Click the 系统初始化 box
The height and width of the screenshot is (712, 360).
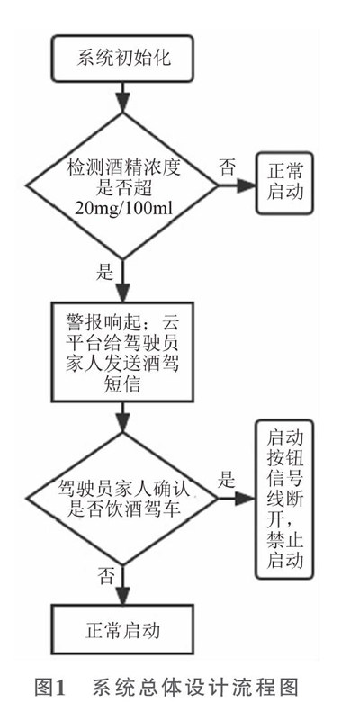[x=122, y=59]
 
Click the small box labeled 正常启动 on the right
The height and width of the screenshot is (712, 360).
[x=284, y=184]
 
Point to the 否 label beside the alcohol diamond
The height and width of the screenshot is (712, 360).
[x=227, y=167]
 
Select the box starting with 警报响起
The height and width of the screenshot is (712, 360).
[x=122, y=352]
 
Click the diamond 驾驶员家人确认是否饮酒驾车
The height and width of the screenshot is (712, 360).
[x=122, y=499]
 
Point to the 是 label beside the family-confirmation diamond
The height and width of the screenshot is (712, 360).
[x=226, y=480]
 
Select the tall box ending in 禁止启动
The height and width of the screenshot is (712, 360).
[x=284, y=499]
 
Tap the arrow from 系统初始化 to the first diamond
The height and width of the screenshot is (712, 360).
[x=122, y=97]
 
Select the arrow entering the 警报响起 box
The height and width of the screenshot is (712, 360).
[x=122, y=281]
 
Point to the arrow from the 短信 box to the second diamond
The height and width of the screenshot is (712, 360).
[x=122, y=417]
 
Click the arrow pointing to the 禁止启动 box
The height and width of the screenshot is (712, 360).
[x=237, y=498]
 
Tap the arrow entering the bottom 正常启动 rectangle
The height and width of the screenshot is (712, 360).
[x=122, y=584]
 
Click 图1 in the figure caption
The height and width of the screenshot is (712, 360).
[x=50, y=688]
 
